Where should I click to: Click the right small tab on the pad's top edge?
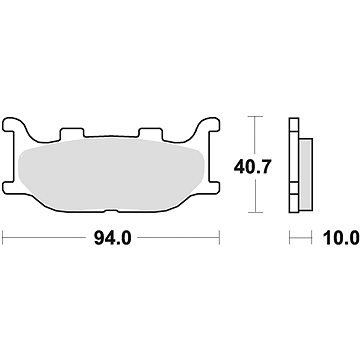click(x=150, y=132)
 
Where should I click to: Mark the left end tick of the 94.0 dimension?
click(x=6, y=239)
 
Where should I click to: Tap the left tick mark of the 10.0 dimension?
click(x=291, y=239)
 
